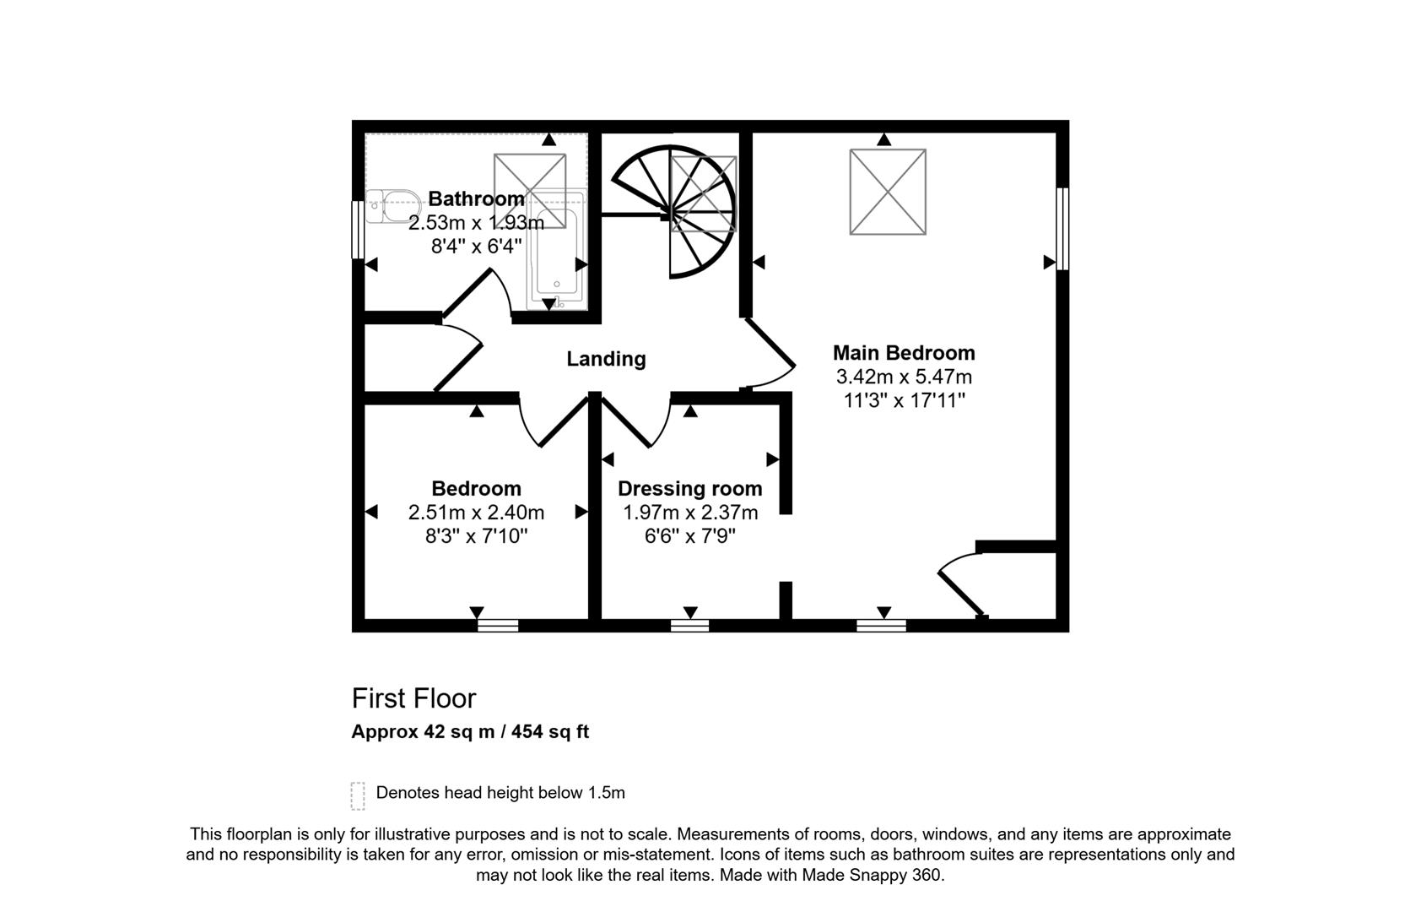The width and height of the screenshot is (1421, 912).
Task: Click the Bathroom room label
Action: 476,199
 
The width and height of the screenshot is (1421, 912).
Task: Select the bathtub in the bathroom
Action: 556,253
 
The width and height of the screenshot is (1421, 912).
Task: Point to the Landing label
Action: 606,359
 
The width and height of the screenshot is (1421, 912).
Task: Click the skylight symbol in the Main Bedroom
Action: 888,192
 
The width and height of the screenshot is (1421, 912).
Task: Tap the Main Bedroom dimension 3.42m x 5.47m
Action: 904,377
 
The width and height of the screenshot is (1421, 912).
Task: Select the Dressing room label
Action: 689,489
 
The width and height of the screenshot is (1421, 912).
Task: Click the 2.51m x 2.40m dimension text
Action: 476,513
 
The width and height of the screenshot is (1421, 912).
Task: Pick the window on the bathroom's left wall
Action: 358,229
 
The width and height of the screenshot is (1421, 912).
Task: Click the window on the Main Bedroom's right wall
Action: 1062,228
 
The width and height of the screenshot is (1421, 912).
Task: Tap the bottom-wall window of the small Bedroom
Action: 498,626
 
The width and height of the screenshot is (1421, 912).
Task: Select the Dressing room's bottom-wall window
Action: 689,626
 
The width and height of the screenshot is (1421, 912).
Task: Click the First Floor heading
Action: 413,698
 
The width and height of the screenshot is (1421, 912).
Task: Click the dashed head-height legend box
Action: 358,795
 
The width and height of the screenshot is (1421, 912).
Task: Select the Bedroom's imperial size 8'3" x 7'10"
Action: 476,536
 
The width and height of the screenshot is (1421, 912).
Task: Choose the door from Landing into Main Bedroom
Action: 770,355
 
